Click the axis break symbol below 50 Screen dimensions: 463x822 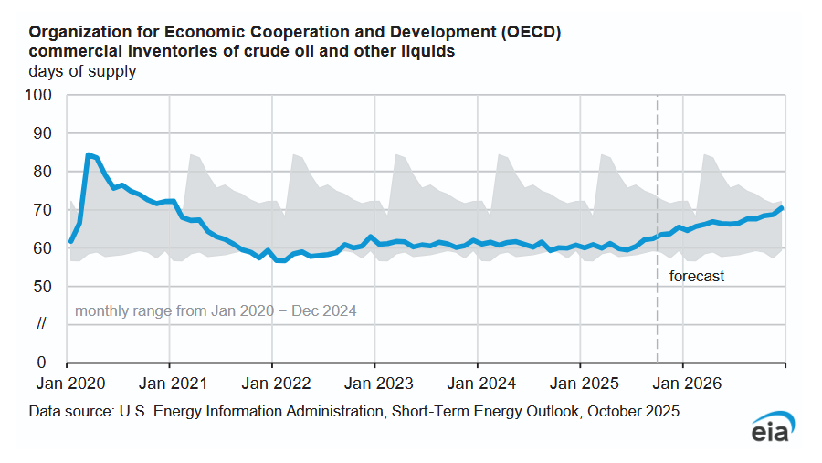pyautogui.click(x=42, y=324)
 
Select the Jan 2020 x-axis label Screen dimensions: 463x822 pyautogui.click(x=66, y=384)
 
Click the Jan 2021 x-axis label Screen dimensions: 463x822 pyautogui.click(x=169, y=384)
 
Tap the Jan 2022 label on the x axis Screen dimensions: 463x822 pyautogui.click(x=271, y=384)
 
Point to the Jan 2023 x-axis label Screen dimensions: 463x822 pyautogui.click(x=374, y=384)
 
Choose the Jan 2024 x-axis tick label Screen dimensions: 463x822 pyautogui.click(x=477, y=384)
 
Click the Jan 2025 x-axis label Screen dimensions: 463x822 pyautogui.click(x=580, y=384)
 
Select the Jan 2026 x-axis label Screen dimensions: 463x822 pyautogui.click(x=683, y=384)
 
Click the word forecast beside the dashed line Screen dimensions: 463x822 pyautogui.click(x=697, y=276)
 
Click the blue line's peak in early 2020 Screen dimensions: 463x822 pyautogui.click(x=89, y=155)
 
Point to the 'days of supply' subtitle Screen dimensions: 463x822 pyautogui.click(x=82, y=71)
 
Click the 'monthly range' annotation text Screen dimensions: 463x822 pyautogui.click(x=216, y=310)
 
